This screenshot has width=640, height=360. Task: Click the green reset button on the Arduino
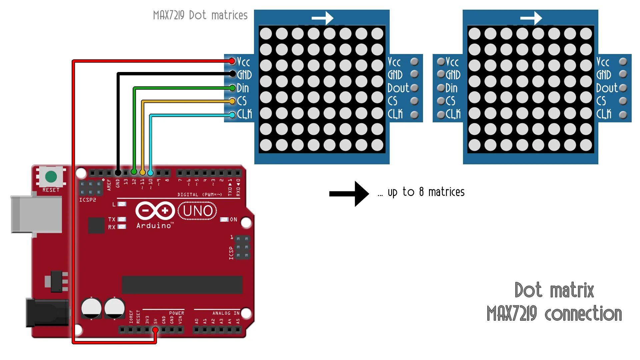51,176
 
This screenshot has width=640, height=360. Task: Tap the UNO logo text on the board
197,211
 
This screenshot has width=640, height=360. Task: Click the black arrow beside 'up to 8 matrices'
349,194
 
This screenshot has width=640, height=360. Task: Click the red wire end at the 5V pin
155,330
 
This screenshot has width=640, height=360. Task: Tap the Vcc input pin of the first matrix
232,61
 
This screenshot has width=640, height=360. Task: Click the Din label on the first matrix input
243,88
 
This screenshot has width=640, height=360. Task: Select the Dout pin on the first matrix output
415,88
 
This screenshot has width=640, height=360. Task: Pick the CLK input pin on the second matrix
441,115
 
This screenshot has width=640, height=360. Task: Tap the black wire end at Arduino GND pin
118,173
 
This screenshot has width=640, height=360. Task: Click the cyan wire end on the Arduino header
150,173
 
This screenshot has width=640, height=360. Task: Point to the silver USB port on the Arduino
36,214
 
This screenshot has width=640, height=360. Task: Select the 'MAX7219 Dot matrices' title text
200,15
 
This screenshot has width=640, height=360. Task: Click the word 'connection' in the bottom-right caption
583,314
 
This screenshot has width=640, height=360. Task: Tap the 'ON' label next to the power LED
234,220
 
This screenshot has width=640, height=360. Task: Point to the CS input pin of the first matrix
232,101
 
